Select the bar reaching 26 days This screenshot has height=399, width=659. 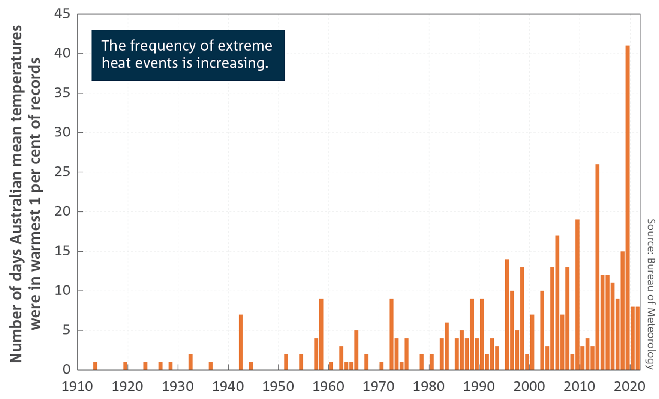pos(597,267)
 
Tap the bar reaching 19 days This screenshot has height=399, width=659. pos(577,294)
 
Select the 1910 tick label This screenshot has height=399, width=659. pos(77,387)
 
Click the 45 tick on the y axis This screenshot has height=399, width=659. pos(62,14)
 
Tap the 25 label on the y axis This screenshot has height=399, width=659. pos(62,172)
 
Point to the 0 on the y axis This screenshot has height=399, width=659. pos(67,370)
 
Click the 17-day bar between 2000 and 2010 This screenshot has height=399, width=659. pos(557,302)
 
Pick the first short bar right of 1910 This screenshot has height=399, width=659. pos(95,366)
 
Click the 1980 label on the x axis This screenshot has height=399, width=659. pos(428,387)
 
